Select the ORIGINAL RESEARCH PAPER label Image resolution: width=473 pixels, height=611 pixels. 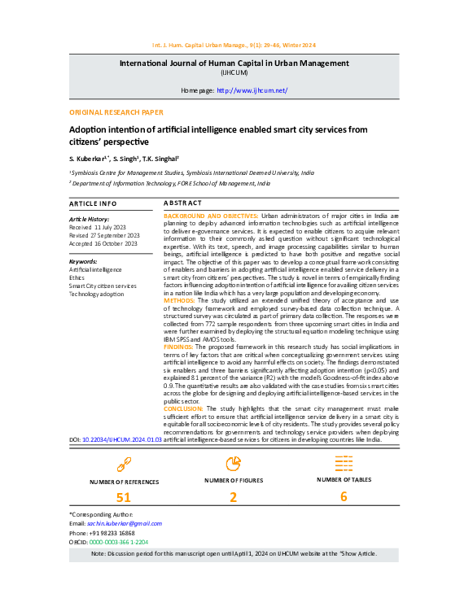coord(116,112)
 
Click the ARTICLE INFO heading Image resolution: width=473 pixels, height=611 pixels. coord(93,203)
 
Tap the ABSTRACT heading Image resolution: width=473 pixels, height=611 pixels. coord(182,203)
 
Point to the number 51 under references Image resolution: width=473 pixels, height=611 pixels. coord(124,498)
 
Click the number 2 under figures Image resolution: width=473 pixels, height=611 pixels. coord(233,498)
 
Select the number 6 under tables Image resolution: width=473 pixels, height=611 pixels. coord(344,497)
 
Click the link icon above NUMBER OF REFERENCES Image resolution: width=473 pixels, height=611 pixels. coord(124,464)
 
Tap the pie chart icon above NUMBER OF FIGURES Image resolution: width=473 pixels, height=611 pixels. coord(233,463)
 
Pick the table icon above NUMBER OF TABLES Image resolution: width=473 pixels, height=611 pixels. coord(344,462)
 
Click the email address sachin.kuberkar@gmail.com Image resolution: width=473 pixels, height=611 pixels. coord(116,523)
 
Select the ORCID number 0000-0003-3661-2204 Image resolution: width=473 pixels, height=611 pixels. coord(119,541)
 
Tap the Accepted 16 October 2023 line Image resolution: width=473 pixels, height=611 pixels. coord(104,243)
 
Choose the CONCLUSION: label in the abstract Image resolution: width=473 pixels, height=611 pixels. coord(185,408)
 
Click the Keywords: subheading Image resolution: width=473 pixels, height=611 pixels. coord(83,261)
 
